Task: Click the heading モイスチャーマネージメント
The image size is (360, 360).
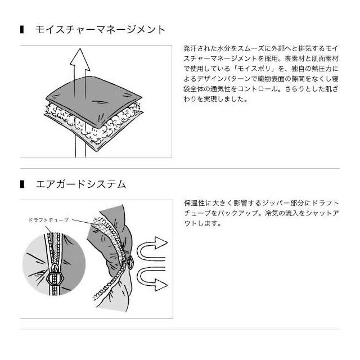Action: [100, 30]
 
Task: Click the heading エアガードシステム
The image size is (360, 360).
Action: [81, 184]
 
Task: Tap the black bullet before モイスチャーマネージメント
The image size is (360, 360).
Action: [22, 30]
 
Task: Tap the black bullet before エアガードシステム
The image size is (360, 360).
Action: [22, 184]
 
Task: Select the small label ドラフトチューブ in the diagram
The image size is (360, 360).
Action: [48, 220]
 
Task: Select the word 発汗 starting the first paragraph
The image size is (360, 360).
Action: [190, 48]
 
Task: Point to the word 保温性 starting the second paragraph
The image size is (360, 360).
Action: [194, 203]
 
